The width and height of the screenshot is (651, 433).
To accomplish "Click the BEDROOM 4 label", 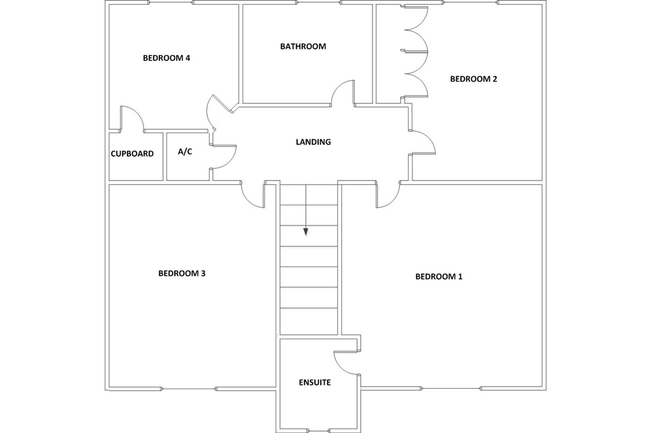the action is tap(166, 58).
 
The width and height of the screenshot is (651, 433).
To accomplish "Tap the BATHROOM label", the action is tap(303, 46).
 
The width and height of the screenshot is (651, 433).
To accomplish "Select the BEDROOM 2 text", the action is tap(473, 79).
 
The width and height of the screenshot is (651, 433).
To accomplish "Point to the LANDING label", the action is tap(313, 142).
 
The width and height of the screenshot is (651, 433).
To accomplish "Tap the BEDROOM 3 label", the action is tap(182, 273).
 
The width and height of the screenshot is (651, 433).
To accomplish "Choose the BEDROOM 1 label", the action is tap(439, 276).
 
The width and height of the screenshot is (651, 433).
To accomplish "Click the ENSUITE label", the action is tap(315, 382).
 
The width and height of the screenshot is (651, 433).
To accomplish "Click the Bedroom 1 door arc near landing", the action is tap(393, 201).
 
